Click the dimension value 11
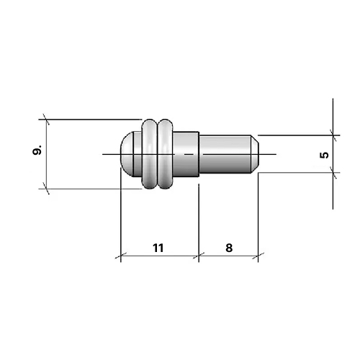tap(158, 247)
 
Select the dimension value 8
tap(228, 247)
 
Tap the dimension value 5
tap(324, 154)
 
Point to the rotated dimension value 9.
tap(37, 151)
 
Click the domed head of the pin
tap(129, 153)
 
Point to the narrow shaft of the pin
tap(223, 153)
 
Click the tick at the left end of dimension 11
tap(120, 256)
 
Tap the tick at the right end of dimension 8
tap(257, 256)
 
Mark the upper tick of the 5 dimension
tap(333, 133)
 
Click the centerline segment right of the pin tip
tap(268, 153)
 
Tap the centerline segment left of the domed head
tap(109, 153)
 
